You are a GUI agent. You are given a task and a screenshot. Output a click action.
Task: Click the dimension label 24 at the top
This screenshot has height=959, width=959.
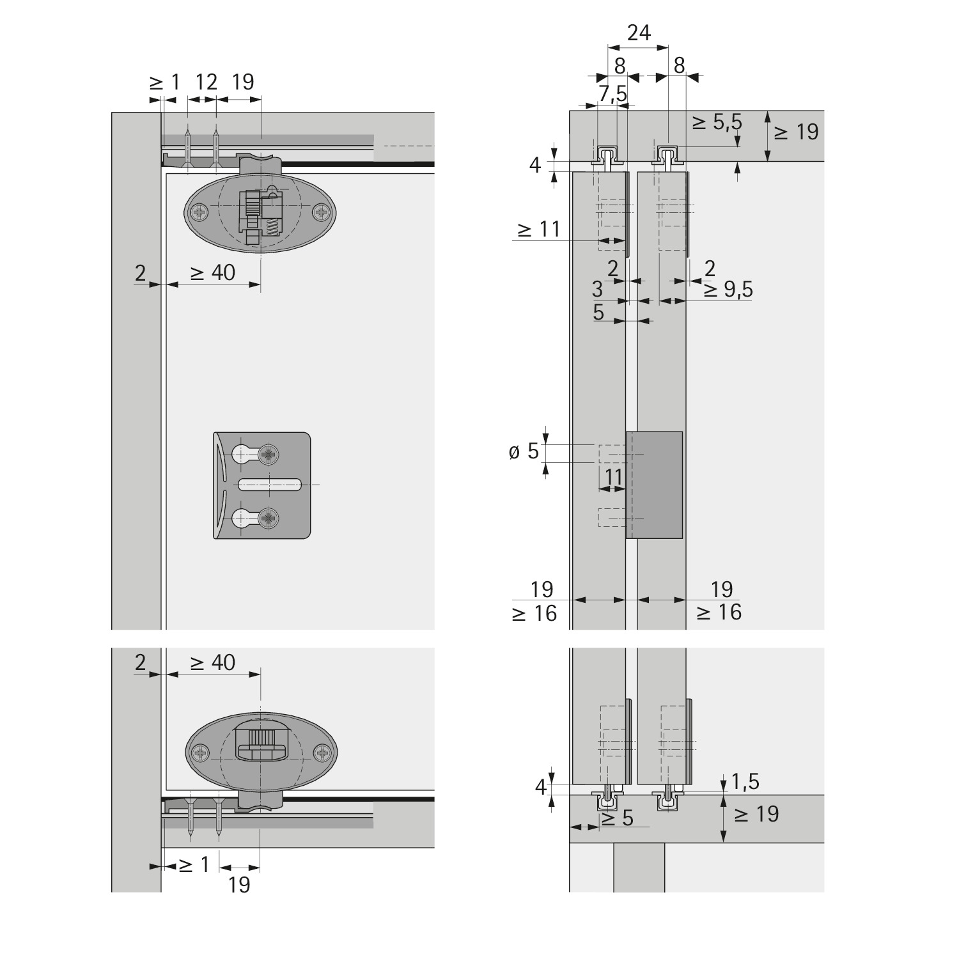638,33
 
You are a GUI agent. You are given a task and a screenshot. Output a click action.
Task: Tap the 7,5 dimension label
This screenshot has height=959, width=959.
612,93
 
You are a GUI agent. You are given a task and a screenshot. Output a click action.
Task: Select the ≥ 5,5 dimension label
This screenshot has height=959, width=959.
717,122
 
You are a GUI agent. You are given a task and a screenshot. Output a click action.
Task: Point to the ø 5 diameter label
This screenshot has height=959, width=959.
524,453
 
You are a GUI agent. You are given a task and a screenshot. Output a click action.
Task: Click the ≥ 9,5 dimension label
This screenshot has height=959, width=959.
728,290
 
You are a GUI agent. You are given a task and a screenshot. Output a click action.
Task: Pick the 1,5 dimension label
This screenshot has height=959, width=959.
745,782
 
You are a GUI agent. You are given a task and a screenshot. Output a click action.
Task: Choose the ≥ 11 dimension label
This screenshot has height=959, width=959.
538,229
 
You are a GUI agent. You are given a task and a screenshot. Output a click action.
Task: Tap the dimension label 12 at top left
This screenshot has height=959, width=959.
206,82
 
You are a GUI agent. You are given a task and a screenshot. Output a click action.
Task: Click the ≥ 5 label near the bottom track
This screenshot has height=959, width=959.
617,818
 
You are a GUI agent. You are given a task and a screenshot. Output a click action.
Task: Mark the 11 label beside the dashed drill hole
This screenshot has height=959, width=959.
612,476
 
